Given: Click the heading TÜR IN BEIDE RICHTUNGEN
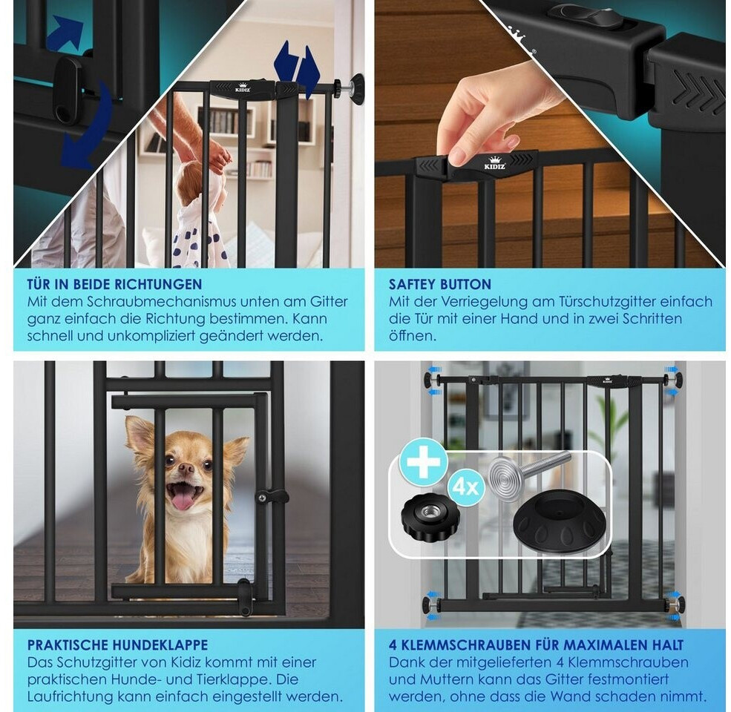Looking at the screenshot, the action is pyautogui.click(x=114, y=284).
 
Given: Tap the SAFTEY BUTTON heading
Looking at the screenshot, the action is pyautogui.click(x=440, y=284).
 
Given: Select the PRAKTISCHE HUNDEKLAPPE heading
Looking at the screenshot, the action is pyautogui.click(x=117, y=645).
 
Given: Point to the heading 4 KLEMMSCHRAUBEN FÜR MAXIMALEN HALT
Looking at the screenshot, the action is pyautogui.click(x=536, y=645).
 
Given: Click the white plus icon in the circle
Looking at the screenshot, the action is pyautogui.click(x=423, y=461).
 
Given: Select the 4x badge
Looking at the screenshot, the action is pyautogui.click(x=466, y=488).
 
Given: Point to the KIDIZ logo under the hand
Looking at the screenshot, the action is pyautogui.click(x=494, y=164).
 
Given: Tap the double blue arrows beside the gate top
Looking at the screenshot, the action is pyautogui.click(x=297, y=70).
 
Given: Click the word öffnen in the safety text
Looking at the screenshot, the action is pyautogui.click(x=413, y=335).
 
